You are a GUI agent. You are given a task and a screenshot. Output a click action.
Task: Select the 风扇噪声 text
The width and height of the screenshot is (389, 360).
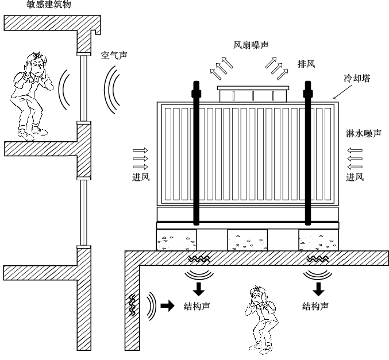tap(251, 44)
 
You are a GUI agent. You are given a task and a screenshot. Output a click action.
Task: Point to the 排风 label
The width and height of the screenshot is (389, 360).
tap(306, 63)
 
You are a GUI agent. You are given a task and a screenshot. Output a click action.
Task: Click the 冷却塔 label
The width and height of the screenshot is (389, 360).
tap(357, 79)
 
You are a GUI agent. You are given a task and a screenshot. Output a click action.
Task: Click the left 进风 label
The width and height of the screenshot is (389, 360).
tap(141, 177)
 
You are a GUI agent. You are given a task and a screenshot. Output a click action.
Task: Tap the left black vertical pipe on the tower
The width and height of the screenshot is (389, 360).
tap(195, 161)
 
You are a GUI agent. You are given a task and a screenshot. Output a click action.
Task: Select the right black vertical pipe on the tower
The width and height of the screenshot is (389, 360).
tap(308, 161)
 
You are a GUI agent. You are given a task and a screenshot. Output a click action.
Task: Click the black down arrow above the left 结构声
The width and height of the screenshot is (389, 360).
tap(197, 286)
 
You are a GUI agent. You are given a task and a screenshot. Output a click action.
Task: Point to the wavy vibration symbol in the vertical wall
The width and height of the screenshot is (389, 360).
tap(133, 304)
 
